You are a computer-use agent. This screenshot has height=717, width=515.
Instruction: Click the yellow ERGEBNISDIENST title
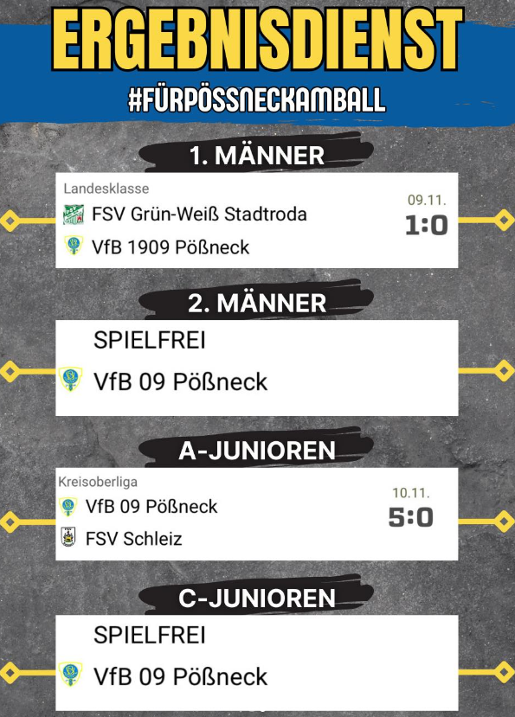[x=257, y=39]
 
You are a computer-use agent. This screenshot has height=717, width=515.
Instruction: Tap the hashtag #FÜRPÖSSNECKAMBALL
[x=257, y=99]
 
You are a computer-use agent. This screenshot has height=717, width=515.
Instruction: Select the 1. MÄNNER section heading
[x=257, y=156]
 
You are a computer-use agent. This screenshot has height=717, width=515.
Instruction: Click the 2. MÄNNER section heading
[x=257, y=304]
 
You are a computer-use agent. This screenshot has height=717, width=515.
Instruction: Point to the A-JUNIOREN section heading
[x=257, y=451]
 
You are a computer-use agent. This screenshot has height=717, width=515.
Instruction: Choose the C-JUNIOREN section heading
[x=257, y=599]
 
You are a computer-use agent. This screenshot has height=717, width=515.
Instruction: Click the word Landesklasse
[x=106, y=189]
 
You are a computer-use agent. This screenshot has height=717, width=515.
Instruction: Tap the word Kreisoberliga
[x=98, y=482]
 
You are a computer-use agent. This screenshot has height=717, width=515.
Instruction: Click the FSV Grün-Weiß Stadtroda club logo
[x=74, y=214]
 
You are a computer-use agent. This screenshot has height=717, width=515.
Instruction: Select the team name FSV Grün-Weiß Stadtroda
[x=199, y=214]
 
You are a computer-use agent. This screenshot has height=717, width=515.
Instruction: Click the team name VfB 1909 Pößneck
[x=171, y=247]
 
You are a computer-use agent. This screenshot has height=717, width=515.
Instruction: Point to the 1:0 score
[x=426, y=226]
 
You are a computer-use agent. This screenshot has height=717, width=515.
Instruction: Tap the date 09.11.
[x=427, y=200]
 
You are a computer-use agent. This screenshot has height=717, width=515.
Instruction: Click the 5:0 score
[x=410, y=517]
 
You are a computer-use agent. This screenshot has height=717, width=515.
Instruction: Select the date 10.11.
[x=410, y=492]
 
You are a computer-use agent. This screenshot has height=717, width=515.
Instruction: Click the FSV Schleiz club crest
[x=68, y=537]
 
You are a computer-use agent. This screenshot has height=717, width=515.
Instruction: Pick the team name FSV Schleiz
[x=133, y=539]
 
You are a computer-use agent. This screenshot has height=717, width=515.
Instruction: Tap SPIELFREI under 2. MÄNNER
[x=149, y=340]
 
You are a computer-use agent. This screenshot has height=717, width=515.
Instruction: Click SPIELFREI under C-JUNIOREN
[x=149, y=635]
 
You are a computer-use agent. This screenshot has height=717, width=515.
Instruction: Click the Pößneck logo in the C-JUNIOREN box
[x=70, y=675]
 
